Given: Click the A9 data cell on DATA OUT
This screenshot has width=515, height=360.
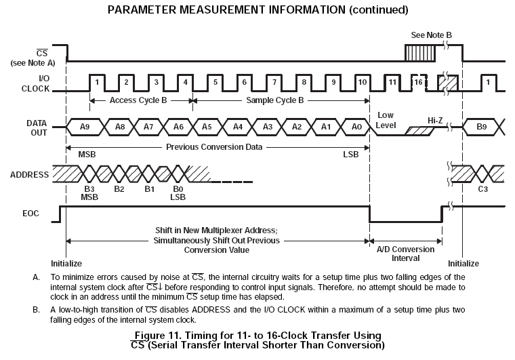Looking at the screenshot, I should [84, 126].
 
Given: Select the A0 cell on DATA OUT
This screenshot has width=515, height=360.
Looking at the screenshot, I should [356, 126].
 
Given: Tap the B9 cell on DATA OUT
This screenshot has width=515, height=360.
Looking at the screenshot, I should [482, 126].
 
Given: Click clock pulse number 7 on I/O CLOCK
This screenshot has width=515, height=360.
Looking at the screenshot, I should [275, 82].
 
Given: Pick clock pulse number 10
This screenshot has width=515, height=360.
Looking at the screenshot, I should [363, 82].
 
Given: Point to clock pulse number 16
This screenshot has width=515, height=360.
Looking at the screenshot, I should [418, 82].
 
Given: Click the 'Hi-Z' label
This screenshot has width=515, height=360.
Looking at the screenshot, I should [436, 119].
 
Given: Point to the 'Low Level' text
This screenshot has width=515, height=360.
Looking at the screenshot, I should [386, 120].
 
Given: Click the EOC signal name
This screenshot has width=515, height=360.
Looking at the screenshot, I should [31, 214].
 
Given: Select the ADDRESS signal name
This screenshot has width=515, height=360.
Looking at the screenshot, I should [29, 174].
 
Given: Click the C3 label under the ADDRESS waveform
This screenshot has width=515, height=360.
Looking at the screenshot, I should [482, 189].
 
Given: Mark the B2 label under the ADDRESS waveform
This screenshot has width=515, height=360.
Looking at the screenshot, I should [119, 189].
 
